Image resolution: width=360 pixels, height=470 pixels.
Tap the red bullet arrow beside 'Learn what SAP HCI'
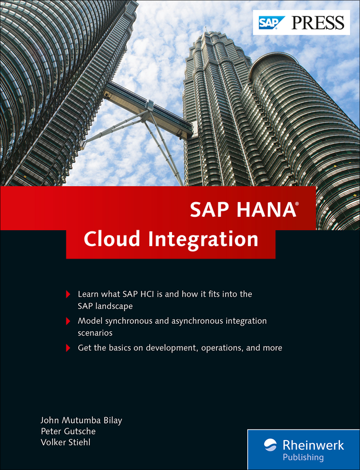click(x=69, y=294)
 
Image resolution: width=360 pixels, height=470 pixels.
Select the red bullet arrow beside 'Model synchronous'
click(x=69, y=321)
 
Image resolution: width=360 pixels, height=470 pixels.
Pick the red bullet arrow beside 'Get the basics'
click(x=69, y=348)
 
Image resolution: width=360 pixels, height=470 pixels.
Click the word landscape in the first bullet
click(x=113, y=306)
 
